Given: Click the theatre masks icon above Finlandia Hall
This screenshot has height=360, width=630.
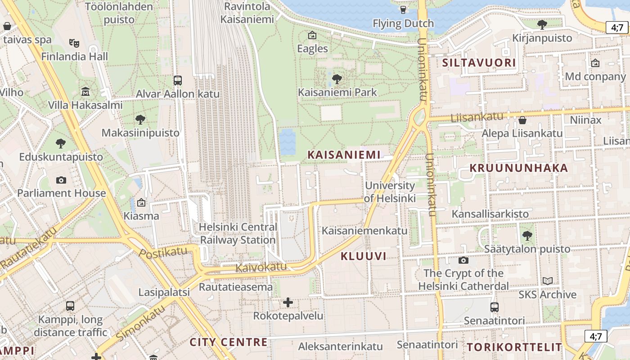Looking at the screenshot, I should pos(74,43).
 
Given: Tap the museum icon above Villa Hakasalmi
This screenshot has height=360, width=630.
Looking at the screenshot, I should pos(85,92).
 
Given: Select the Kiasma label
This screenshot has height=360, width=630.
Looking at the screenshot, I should pos(141,216).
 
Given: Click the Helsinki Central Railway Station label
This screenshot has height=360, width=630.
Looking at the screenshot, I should pos(238,234).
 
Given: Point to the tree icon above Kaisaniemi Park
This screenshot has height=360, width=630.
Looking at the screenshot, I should pos(337,80).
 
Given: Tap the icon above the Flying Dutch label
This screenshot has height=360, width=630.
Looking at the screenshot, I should pos(403,9).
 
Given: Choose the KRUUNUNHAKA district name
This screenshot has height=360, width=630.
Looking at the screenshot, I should pos(519,168).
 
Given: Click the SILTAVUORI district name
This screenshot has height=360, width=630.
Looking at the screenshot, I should pos(479,63).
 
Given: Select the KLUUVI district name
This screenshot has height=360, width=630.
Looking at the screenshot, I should pos(364,256).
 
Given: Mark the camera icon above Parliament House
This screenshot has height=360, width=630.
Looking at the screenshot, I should pos(61,180).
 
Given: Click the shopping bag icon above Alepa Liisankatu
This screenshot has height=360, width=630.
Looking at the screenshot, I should pos(522,120).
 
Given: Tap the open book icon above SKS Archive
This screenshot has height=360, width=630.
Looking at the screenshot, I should pos(547,281).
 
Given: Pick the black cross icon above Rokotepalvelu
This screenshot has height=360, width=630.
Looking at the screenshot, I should pos(288,302).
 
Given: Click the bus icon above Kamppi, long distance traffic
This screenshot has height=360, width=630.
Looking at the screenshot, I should pos(70,306).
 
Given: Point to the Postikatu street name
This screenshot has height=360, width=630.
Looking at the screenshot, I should pos(162,253).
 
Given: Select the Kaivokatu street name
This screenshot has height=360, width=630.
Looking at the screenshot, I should pos(261,267).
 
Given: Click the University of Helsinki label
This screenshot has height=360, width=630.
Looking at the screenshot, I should pos(390,192).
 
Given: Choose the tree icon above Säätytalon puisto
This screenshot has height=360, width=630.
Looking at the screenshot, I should pos(527,235).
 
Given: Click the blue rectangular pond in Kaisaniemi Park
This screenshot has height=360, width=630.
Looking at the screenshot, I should pos(288,141).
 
